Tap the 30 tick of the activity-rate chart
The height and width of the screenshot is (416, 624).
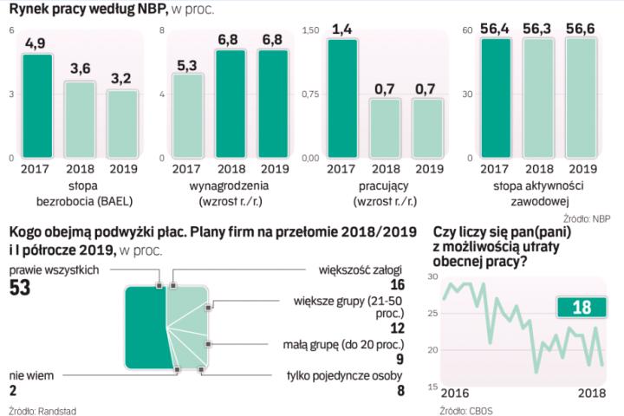pos(466,94)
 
